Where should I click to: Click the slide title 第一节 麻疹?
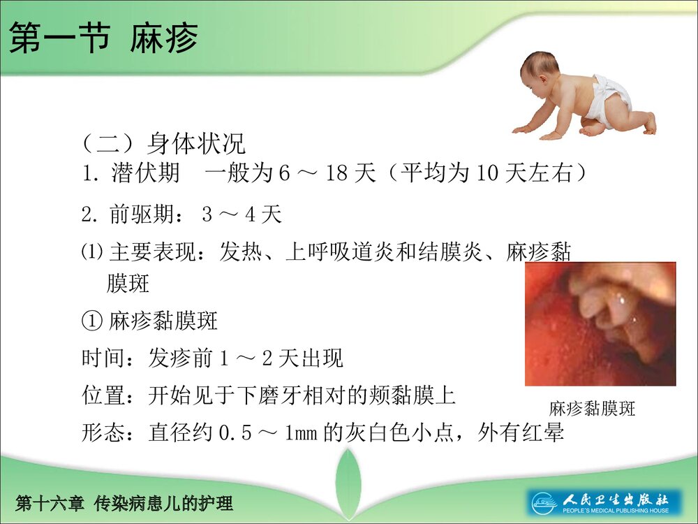pyautogui.click(x=103, y=40)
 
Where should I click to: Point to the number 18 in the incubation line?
pyautogui.click(x=337, y=173)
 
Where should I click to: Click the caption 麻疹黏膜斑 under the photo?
pyautogui.click(x=593, y=409)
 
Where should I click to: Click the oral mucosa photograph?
pyautogui.click(x=600, y=323)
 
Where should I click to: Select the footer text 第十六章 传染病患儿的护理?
pyautogui.click(x=124, y=503)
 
